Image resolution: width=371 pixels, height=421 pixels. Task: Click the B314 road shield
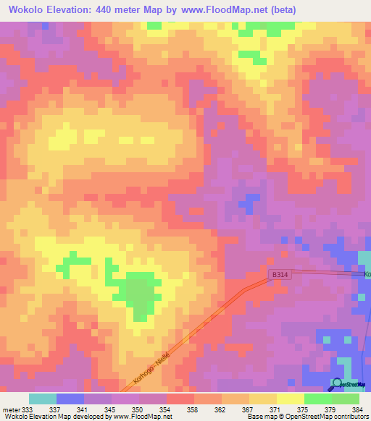click(281, 275)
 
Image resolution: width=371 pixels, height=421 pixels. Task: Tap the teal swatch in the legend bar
click(43, 399)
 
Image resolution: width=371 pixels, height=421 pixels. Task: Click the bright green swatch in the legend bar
click(317, 399)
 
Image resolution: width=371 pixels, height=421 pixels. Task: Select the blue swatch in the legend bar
click(70, 399)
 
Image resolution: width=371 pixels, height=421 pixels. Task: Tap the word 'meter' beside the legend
click(10, 409)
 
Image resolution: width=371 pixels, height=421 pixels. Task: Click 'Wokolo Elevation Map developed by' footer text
click(52, 417)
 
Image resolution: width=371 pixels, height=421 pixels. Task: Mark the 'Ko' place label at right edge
click(367, 275)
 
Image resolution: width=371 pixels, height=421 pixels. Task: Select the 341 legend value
click(84, 409)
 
